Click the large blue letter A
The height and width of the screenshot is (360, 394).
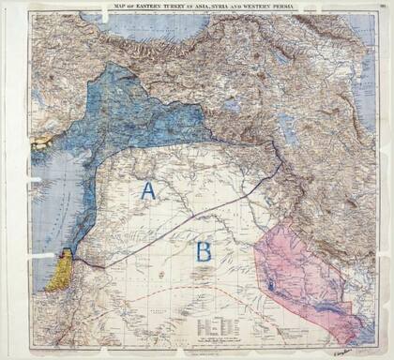(146, 190)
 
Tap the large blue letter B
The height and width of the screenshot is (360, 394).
(202, 250)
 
